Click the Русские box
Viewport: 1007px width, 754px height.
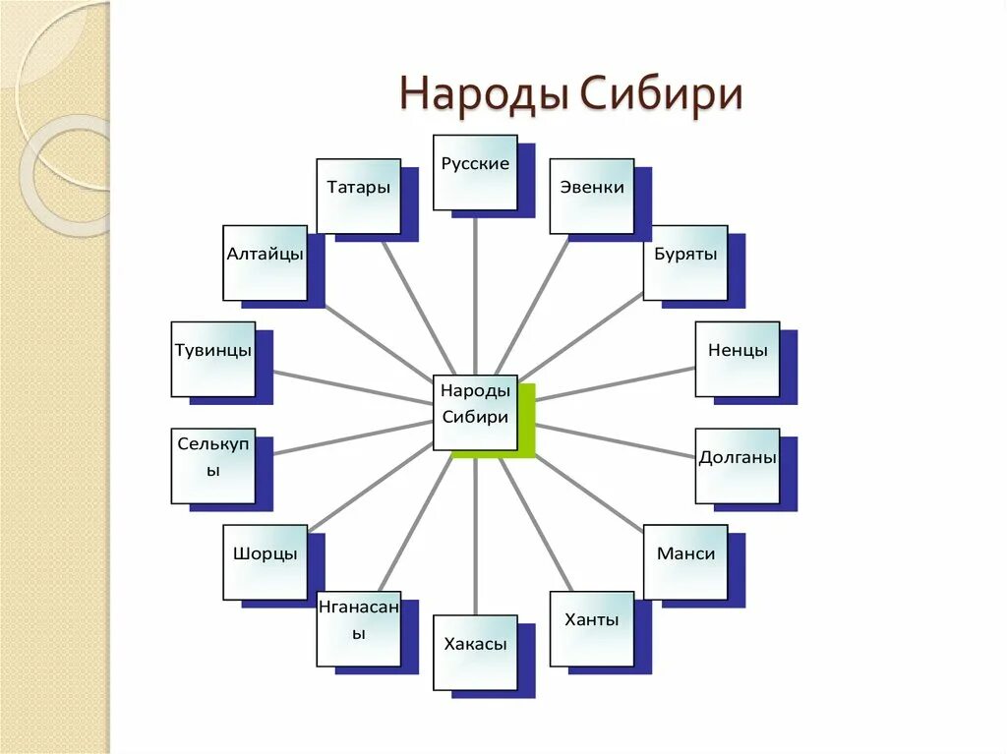click(476, 172)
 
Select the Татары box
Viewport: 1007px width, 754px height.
click(358, 196)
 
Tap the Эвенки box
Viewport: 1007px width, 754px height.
click(592, 196)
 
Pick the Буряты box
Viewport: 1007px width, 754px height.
click(685, 262)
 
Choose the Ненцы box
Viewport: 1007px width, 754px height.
click(738, 359)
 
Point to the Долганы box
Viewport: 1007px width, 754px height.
click(738, 466)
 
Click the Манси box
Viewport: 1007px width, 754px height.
click(685, 562)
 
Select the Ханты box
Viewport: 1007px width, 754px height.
click(592, 629)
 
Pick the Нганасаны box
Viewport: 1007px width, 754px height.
click(358, 629)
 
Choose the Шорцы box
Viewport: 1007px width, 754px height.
click(265, 562)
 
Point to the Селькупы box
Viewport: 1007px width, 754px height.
click(213, 466)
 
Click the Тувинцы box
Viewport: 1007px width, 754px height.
click(213, 359)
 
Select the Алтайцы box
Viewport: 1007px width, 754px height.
click(265, 262)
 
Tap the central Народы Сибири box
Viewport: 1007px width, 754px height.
click(476, 412)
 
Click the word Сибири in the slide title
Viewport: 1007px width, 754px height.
click(660, 95)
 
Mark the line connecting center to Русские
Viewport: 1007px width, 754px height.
click(476, 295)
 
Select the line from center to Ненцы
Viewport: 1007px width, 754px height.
click(615, 384)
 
